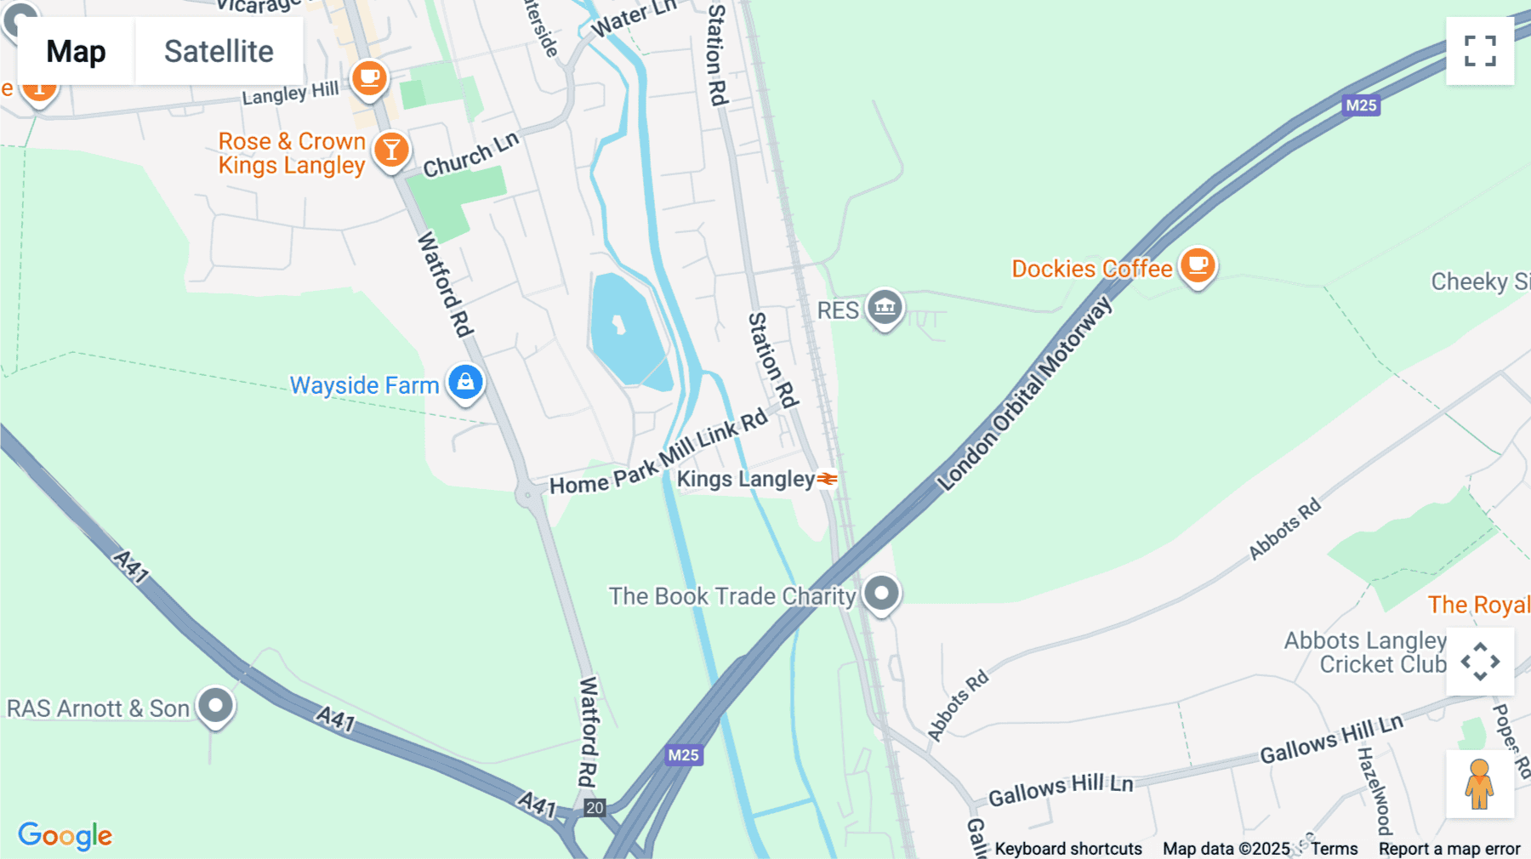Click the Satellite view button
pyautogui.click(x=219, y=51)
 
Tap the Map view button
pyautogui.click(x=76, y=51)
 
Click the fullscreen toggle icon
pyautogui.click(x=1480, y=51)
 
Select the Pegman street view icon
pyautogui.click(x=1479, y=784)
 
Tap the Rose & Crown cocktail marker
pyautogui.click(x=391, y=151)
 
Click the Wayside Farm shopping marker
pyautogui.click(x=465, y=382)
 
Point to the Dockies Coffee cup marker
pyautogui.click(x=1198, y=265)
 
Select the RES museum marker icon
pyautogui.click(x=885, y=306)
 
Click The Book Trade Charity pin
pyautogui.click(x=881, y=592)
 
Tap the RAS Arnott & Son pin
pyautogui.click(x=215, y=705)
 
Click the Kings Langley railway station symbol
pyautogui.click(x=827, y=479)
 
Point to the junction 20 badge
pyautogui.click(x=595, y=808)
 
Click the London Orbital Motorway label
pyautogui.click(x=1025, y=393)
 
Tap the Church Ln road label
pyautogui.click(x=470, y=155)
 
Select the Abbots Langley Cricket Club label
pyautogui.click(x=1365, y=652)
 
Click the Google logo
pyautogui.click(x=65, y=835)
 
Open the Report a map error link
pyautogui.click(x=1449, y=849)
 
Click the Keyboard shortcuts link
pyautogui.click(x=1068, y=849)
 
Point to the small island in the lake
pyautogui.click(x=619, y=324)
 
